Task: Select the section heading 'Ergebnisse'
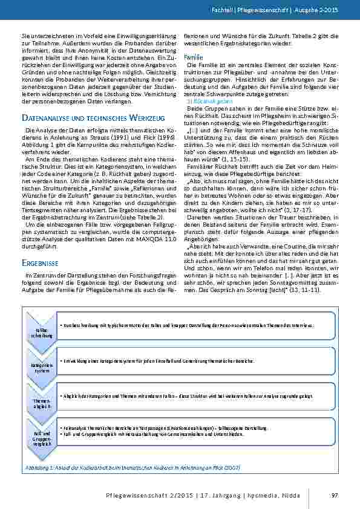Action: click(x=39, y=264)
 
